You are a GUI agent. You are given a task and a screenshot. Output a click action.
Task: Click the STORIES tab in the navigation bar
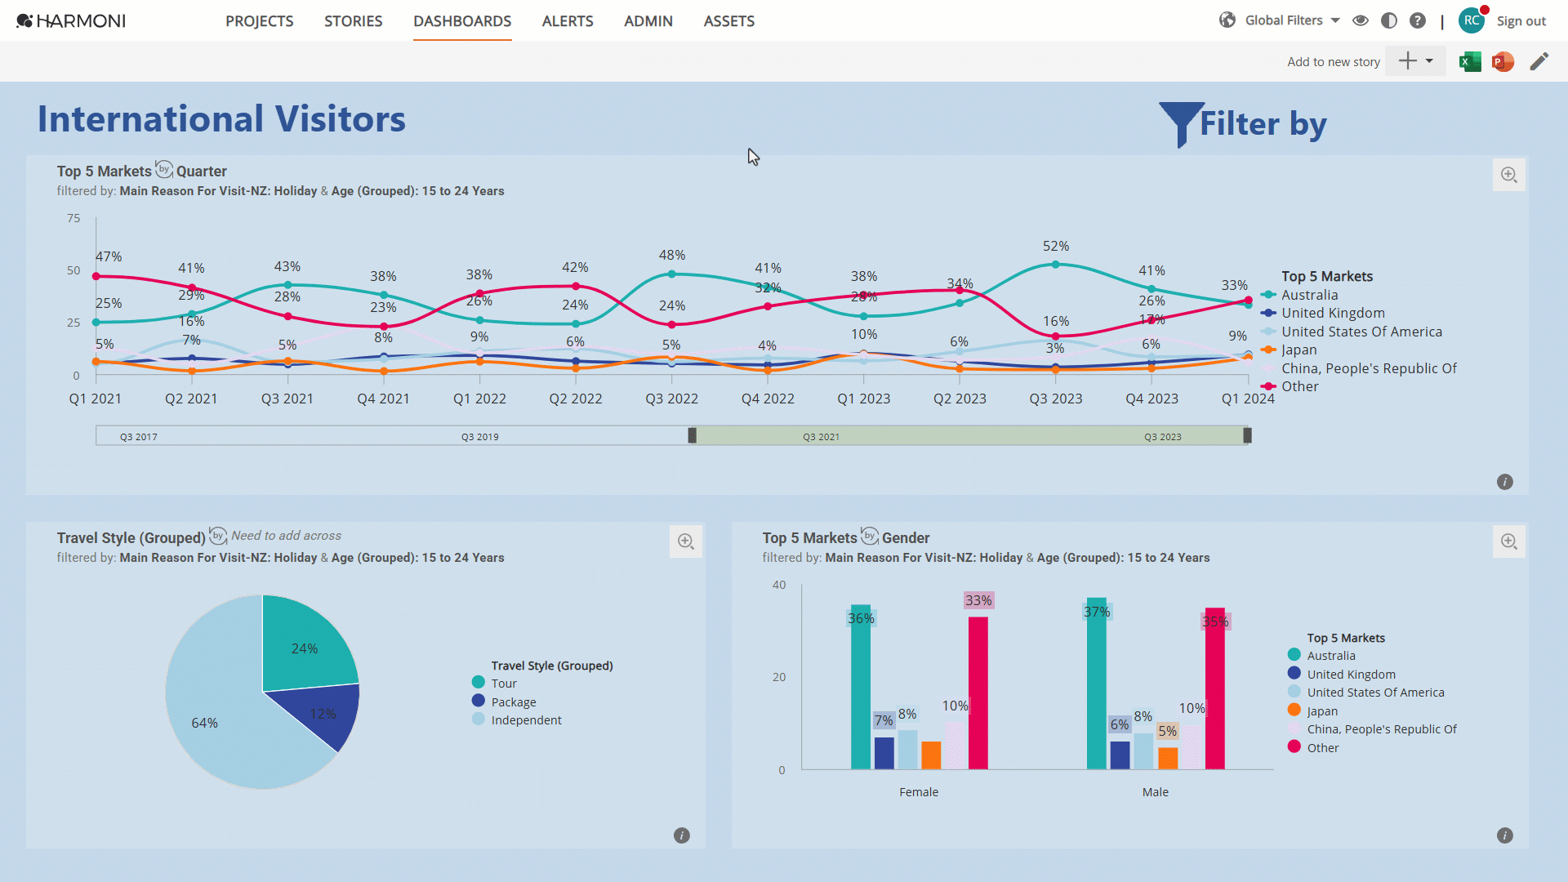353,21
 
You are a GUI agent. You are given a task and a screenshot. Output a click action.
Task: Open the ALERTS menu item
568,21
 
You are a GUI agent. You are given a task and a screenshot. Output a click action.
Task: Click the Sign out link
1521,21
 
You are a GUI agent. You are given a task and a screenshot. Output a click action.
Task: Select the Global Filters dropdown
1292,20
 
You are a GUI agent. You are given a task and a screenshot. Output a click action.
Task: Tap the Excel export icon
1470,61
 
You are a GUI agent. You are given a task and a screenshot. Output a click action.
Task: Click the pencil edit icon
1539,61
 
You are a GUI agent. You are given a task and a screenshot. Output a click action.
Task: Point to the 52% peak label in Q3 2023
1056,246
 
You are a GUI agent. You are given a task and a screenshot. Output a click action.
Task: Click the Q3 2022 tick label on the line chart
671,399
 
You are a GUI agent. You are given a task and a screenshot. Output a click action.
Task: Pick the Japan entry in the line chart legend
1298,350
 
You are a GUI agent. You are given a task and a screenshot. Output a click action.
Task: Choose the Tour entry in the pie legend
504,684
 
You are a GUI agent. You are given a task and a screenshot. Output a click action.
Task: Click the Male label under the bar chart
1155,792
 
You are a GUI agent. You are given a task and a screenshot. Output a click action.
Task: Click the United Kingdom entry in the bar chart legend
1351,675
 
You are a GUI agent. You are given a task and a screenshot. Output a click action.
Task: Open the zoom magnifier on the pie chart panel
686,541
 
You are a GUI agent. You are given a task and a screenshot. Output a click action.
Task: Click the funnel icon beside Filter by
1181,122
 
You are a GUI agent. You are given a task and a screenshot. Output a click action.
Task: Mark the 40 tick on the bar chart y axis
779,585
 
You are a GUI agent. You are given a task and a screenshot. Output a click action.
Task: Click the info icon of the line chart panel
1505,482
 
